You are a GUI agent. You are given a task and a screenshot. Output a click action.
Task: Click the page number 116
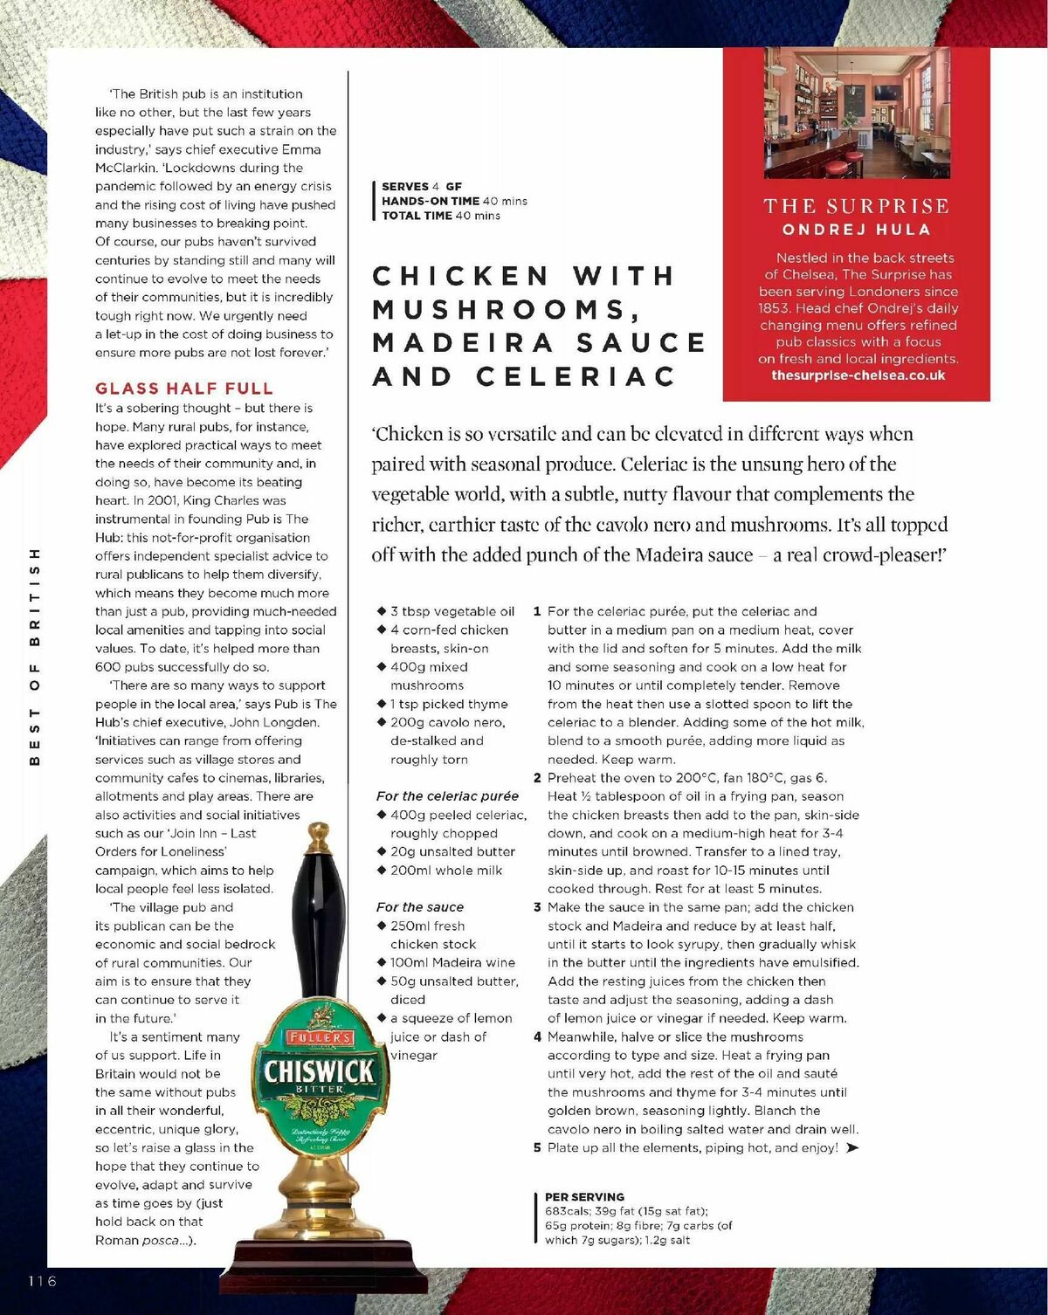coord(42,1281)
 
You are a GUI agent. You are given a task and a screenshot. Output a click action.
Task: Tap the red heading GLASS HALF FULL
coord(184,389)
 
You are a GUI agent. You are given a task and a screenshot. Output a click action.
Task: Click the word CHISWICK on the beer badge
coord(319,1071)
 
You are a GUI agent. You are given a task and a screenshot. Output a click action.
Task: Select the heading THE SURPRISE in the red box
coord(856,207)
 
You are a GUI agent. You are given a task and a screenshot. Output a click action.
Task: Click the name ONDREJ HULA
coord(856,230)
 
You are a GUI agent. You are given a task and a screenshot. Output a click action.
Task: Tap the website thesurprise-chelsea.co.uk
coord(858,375)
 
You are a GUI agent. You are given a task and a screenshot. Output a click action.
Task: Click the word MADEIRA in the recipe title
coord(463,342)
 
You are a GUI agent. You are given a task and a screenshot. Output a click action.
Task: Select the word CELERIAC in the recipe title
coord(576,376)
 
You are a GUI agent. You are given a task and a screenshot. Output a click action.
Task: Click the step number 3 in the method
coord(537,907)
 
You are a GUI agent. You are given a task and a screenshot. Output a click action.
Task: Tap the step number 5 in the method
coord(537,1147)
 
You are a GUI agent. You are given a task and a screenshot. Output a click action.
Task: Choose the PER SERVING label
coord(584,1197)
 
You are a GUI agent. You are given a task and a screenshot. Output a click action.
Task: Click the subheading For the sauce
coord(420,907)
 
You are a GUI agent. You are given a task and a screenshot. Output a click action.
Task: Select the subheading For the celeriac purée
coord(447,796)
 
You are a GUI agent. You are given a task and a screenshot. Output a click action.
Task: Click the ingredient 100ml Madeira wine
coord(452,962)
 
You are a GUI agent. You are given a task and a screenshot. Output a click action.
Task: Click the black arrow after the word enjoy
coord(852,1147)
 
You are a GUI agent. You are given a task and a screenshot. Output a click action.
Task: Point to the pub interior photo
coord(856,113)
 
